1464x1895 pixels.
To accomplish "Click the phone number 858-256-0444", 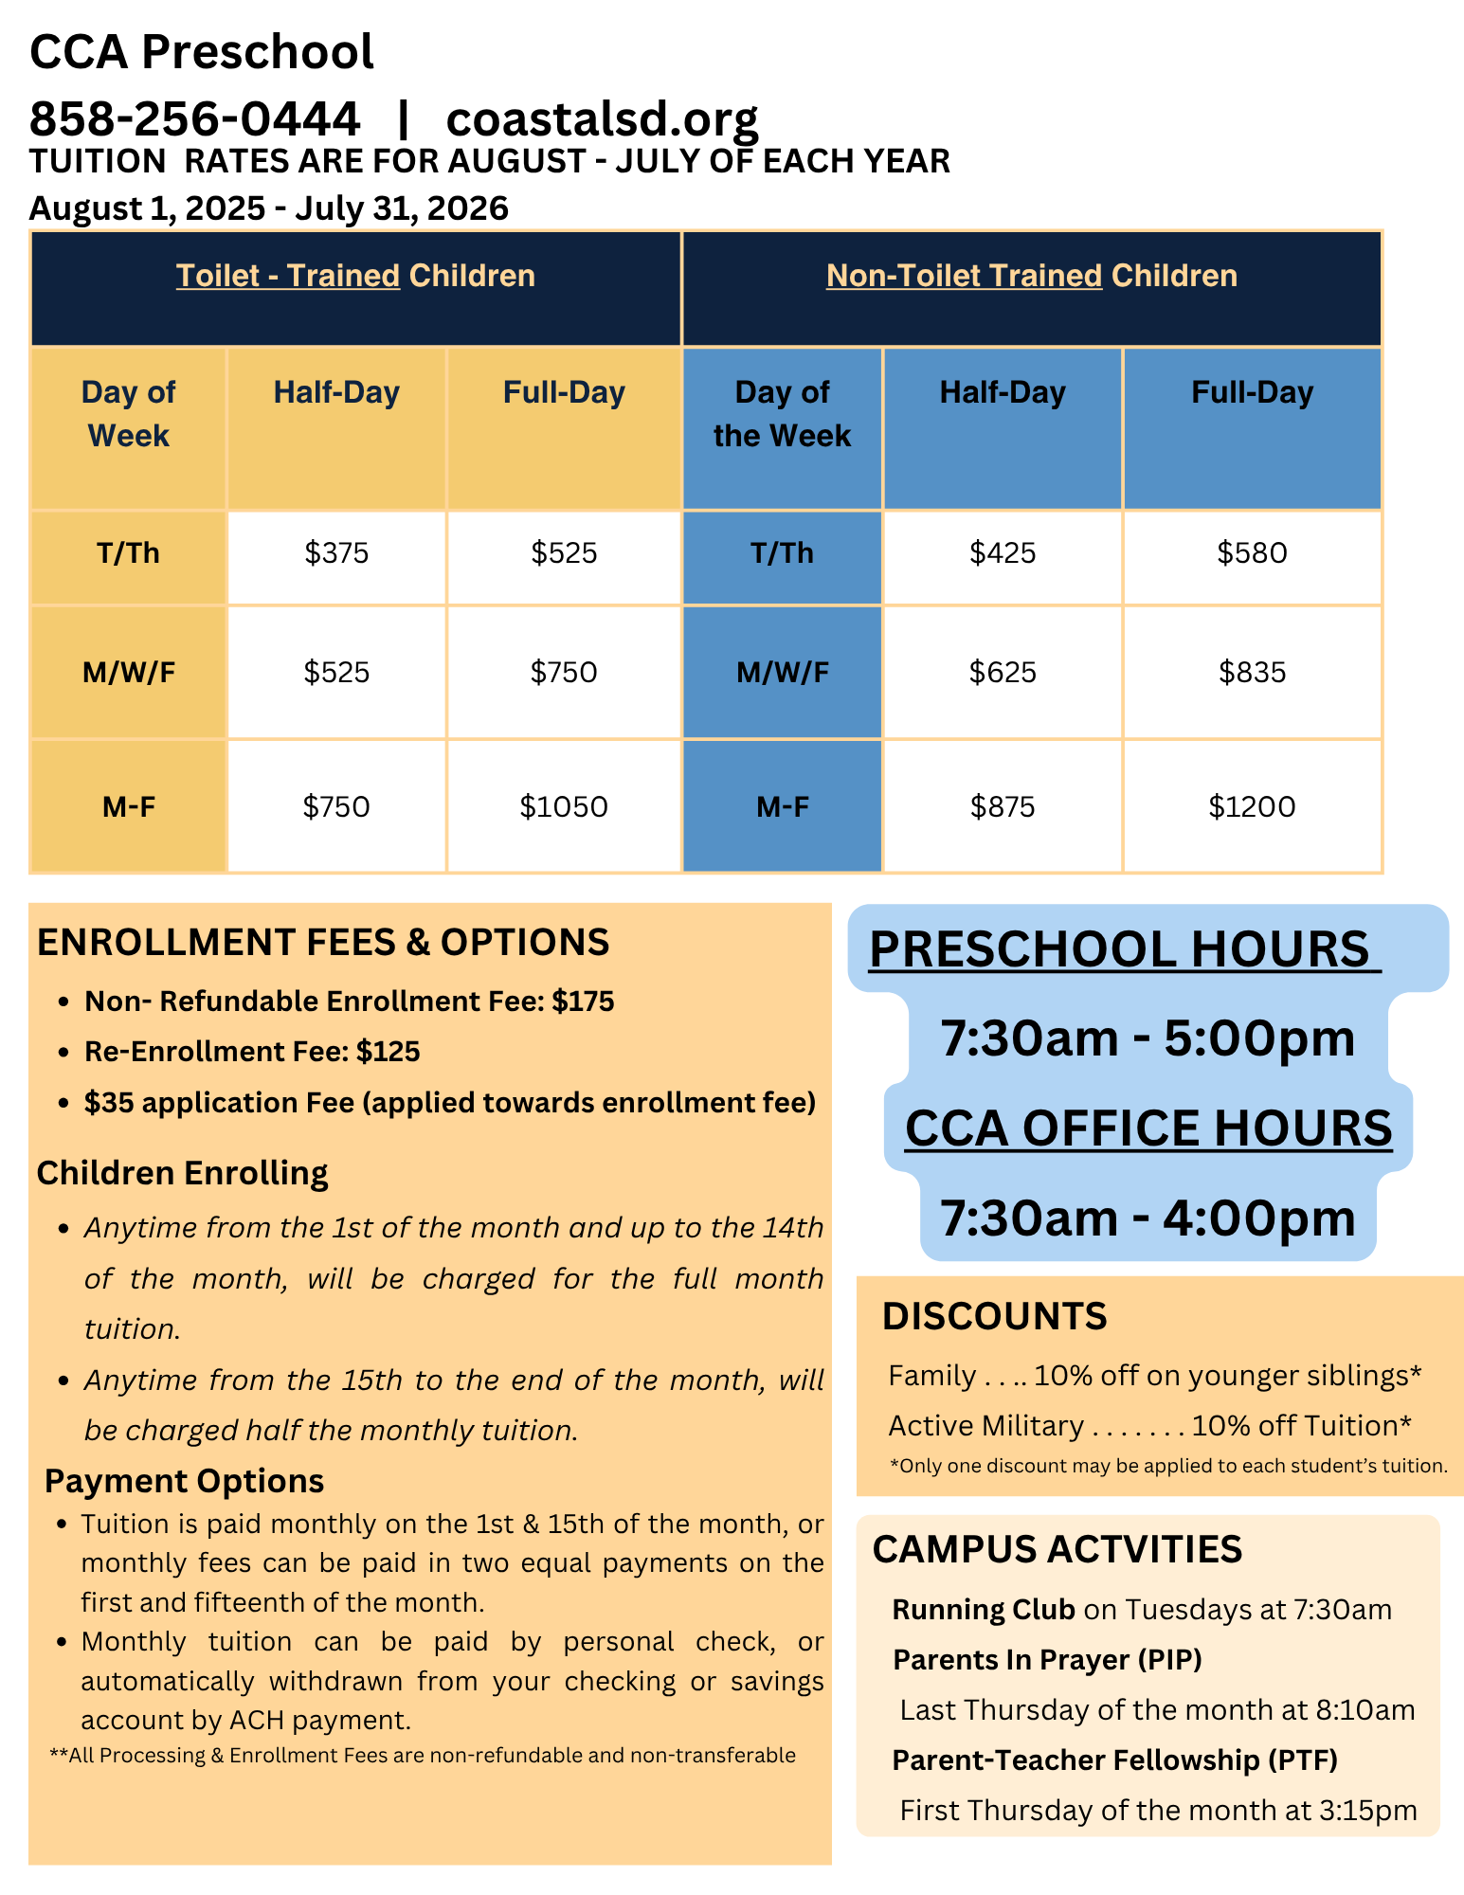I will tap(195, 119).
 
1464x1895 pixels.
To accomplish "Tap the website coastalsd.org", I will tap(602, 119).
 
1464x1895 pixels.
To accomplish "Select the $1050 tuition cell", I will tap(564, 806).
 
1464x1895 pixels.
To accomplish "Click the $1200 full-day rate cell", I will tap(1252, 806).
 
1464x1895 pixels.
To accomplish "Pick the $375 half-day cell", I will tap(336, 553).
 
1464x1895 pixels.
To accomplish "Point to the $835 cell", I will tap(1252, 673).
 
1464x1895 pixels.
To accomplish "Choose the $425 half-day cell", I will tap(1003, 553).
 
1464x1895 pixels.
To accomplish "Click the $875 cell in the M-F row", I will tap(1003, 806).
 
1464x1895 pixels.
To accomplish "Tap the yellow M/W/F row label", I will tap(129, 673).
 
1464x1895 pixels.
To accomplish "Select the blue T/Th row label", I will tap(782, 553).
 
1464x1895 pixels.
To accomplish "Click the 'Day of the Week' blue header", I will tap(782, 414).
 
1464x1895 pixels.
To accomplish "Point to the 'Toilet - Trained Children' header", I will tap(355, 276).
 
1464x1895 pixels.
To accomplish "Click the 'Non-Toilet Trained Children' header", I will tap(1031, 276).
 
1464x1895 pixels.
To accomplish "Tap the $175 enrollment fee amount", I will tap(584, 1002).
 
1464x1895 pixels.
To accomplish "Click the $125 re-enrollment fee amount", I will tap(389, 1052).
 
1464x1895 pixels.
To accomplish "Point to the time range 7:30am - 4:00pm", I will tap(1148, 1218).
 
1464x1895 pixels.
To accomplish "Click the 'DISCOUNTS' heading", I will tap(994, 1317).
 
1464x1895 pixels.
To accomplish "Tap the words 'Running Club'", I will tap(984, 1610).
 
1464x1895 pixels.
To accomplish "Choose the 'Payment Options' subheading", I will tap(185, 1481).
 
